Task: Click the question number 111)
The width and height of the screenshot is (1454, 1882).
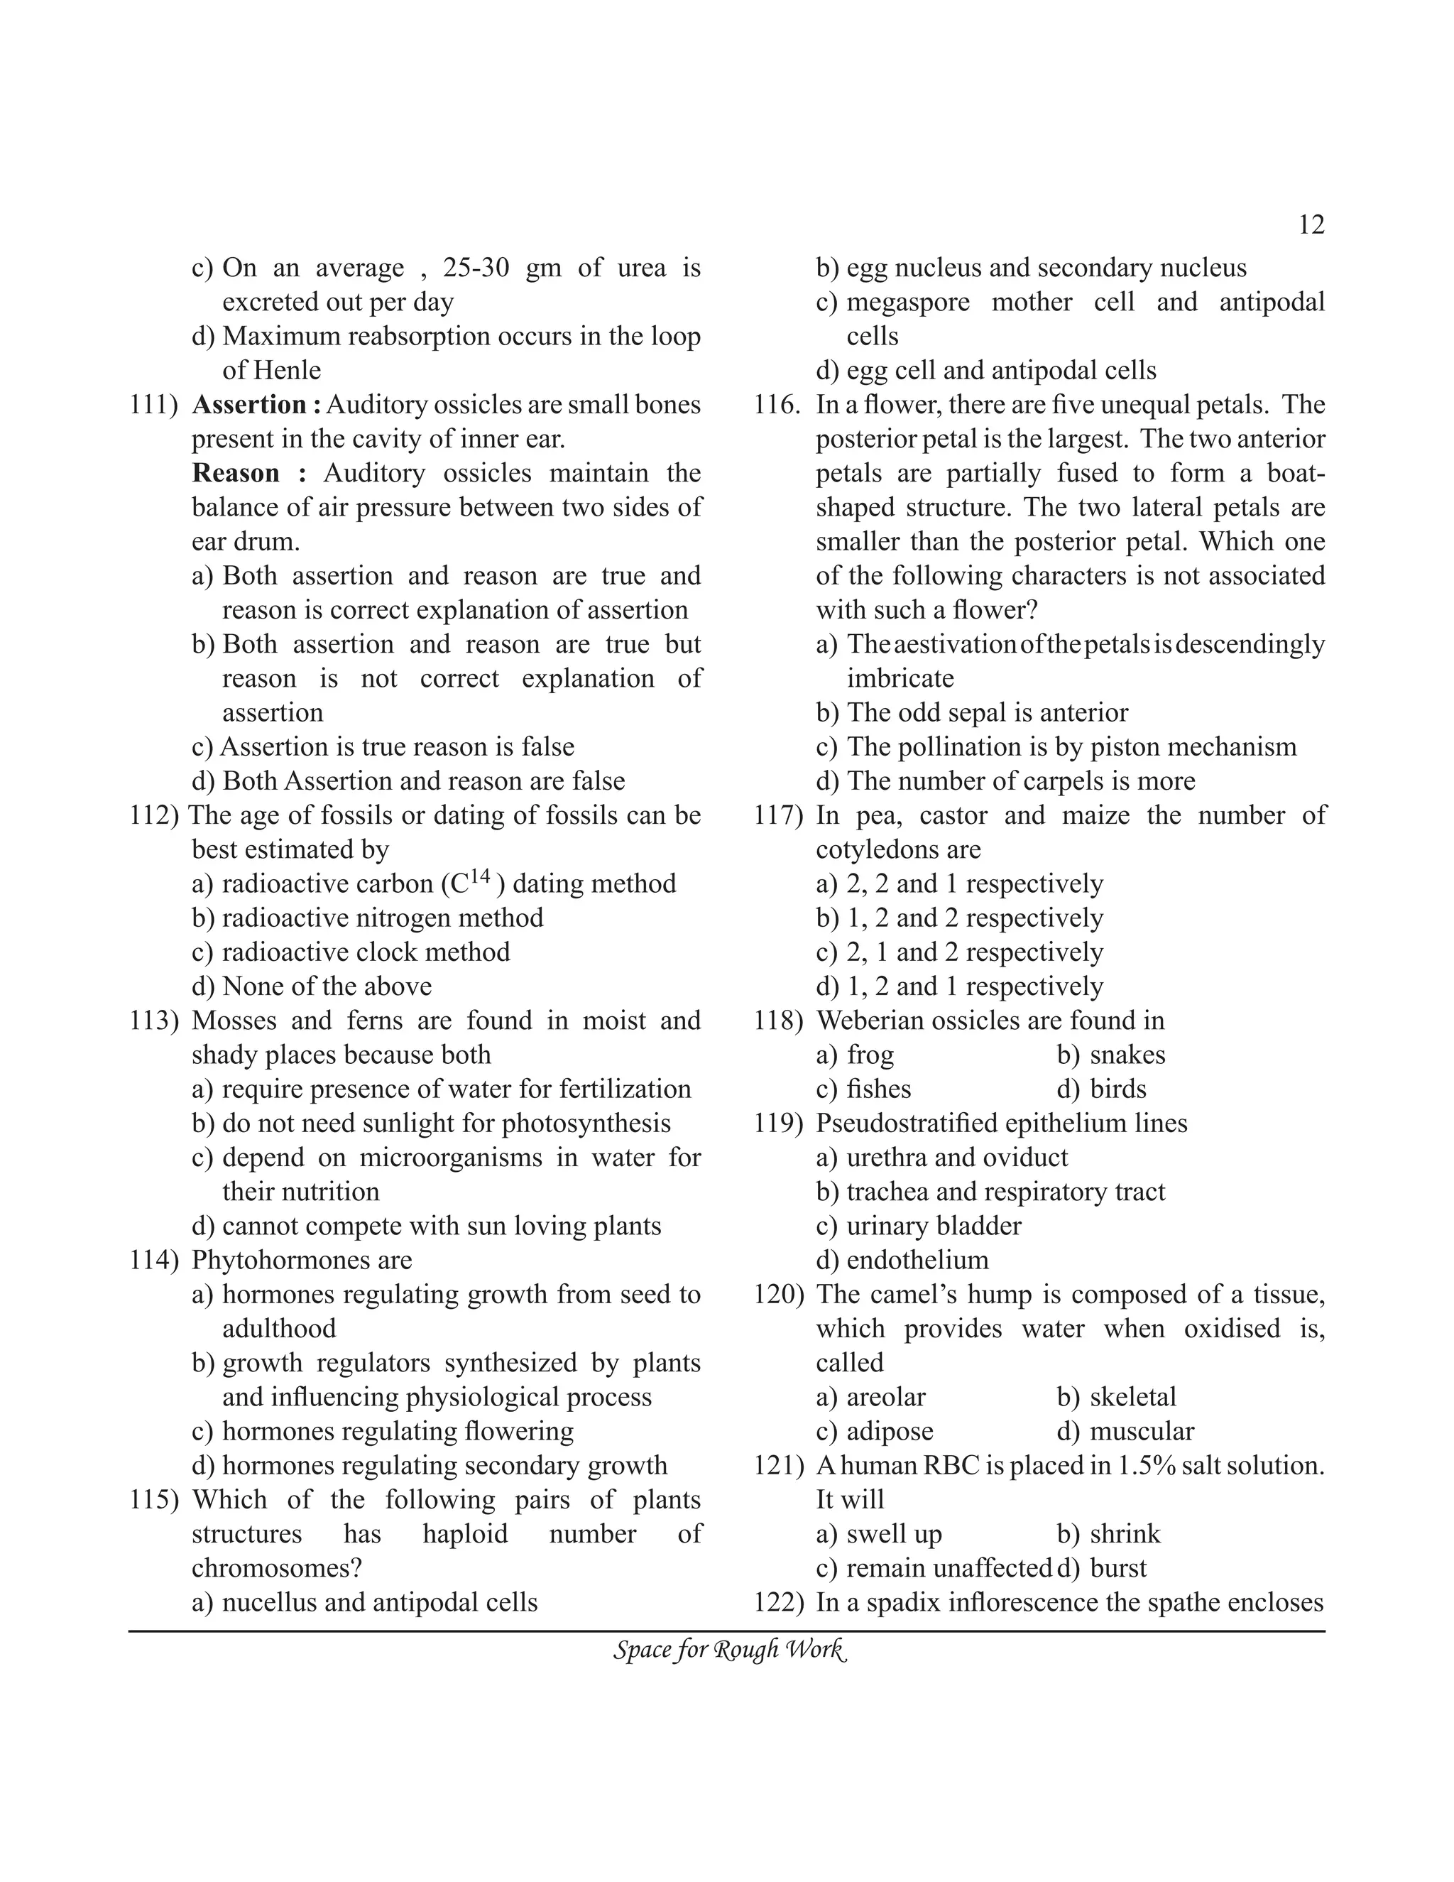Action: (x=153, y=405)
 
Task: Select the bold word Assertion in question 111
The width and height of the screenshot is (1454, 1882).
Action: (x=249, y=405)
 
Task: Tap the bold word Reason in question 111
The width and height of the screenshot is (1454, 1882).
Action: (x=235, y=473)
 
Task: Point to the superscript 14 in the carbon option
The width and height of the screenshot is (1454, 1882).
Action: (x=480, y=876)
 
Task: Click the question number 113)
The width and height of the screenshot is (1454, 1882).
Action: (x=153, y=1021)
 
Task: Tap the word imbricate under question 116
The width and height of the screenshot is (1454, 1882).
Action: (x=900, y=679)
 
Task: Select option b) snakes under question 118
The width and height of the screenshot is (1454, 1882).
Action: (x=1110, y=1055)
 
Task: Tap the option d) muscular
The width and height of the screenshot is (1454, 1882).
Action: (x=1125, y=1431)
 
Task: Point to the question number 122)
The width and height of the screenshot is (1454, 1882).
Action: (x=778, y=1603)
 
